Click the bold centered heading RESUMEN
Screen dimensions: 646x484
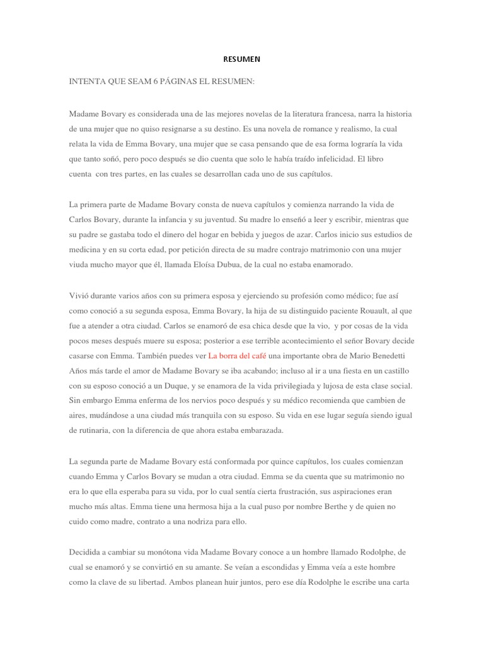click(x=241, y=59)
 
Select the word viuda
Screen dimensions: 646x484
click(x=79, y=264)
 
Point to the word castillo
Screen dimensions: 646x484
click(x=396, y=370)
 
